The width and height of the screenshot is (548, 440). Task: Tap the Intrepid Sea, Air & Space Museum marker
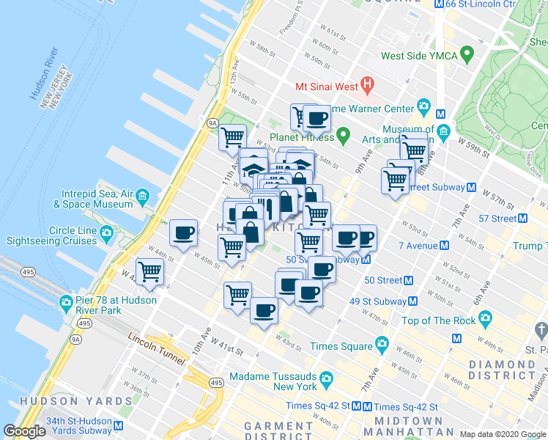[142, 195]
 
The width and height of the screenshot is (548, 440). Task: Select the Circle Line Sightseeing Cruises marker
[108, 234]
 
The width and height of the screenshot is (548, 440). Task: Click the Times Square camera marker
[382, 344]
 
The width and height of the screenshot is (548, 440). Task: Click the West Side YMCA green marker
[464, 55]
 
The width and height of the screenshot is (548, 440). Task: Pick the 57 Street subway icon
[522, 218]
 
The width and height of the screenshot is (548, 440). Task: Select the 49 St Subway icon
[413, 301]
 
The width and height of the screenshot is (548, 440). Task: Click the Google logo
[25, 432]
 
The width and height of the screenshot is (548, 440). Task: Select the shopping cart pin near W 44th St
[149, 271]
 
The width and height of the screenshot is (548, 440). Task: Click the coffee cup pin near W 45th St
[183, 232]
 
